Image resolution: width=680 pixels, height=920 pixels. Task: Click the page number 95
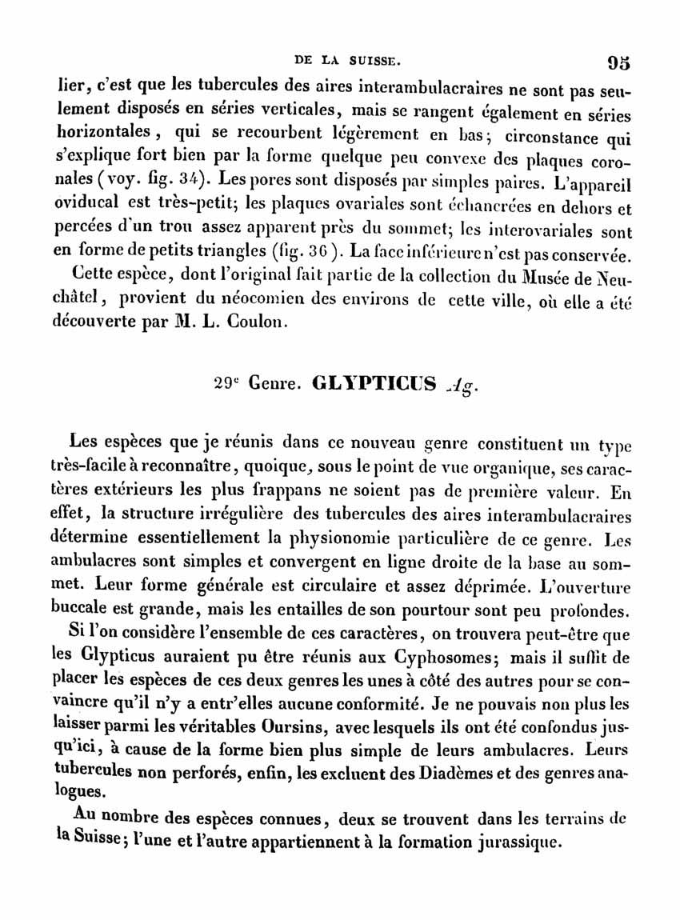click(x=618, y=62)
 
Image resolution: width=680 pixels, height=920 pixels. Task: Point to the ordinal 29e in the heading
click(x=226, y=382)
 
